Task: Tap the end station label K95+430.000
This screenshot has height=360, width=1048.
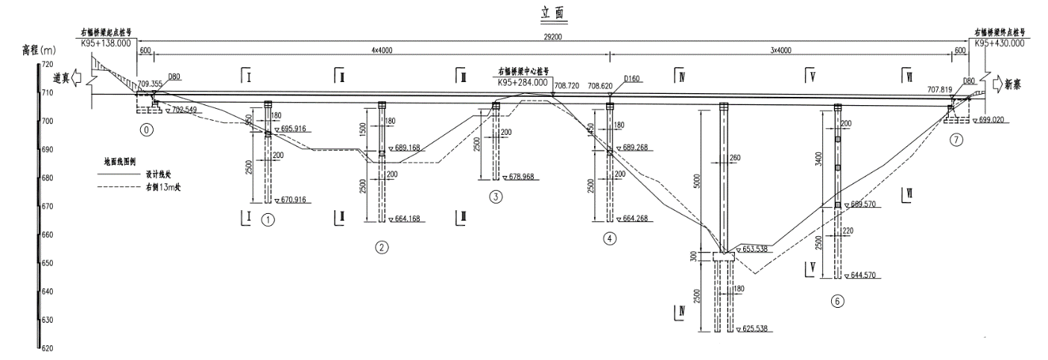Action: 999,43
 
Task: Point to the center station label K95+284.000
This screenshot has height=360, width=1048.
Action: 523,83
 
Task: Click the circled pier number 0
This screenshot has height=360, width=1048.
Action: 146,129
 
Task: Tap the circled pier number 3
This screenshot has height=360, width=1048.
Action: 495,197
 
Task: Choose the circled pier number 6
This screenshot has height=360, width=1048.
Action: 839,301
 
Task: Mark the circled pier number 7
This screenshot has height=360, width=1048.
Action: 957,139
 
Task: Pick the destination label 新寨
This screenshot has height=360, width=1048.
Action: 1015,84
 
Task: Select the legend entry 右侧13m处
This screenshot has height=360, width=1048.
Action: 163,187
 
